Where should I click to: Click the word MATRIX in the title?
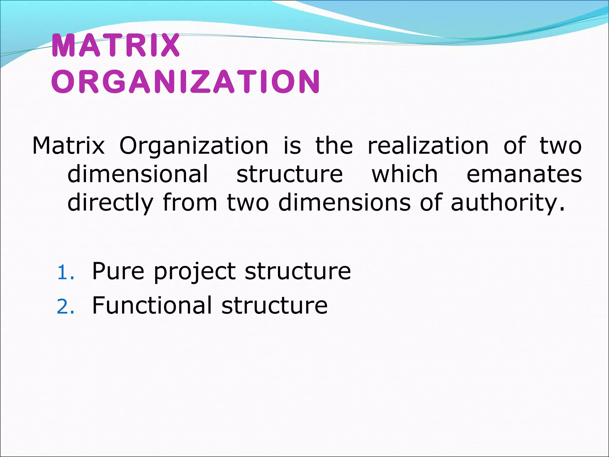tap(116, 46)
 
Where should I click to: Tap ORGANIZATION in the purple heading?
tap(186, 82)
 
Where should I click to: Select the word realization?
tap(428, 146)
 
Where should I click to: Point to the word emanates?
tap(524, 174)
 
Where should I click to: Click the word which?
tap(405, 174)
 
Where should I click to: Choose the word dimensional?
tap(138, 174)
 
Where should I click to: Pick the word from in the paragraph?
tap(190, 203)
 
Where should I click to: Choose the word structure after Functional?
tap(274, 306)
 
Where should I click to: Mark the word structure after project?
tap(298, 271)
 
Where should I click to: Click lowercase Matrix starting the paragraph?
tap(68, 146)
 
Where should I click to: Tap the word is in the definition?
tap(292, 146)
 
